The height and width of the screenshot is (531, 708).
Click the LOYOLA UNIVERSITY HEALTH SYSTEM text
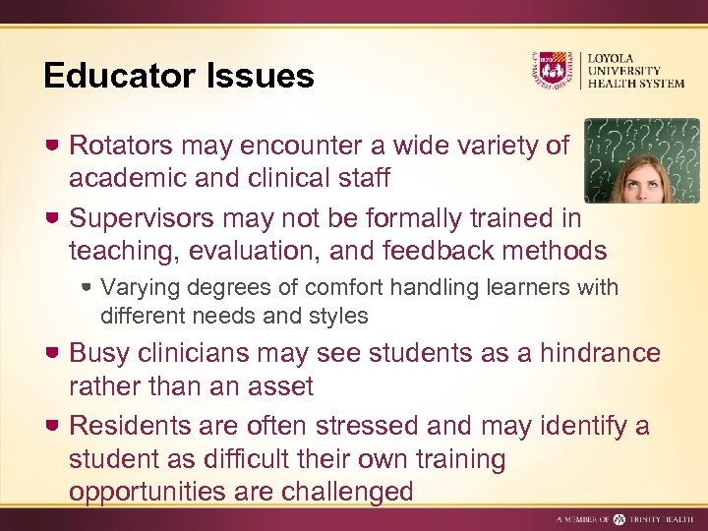pos(635,70)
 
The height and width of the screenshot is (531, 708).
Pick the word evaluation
pos(260,250)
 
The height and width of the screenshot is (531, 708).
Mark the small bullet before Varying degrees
pos(88,288)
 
